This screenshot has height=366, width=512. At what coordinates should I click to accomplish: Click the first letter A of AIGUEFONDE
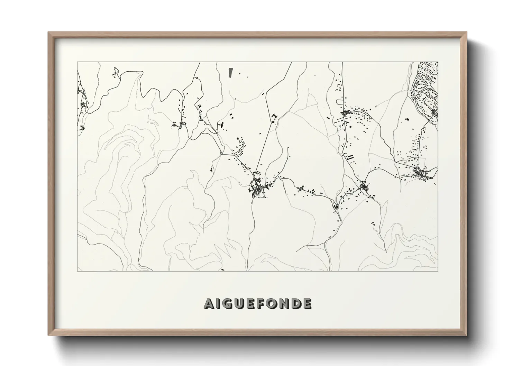209,303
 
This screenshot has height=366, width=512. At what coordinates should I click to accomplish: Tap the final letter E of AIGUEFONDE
307,303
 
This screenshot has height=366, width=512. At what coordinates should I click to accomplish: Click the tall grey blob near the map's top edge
230,72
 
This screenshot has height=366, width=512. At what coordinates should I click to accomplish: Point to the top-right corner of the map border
438,62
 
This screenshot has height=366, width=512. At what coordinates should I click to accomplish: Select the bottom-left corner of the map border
77,271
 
